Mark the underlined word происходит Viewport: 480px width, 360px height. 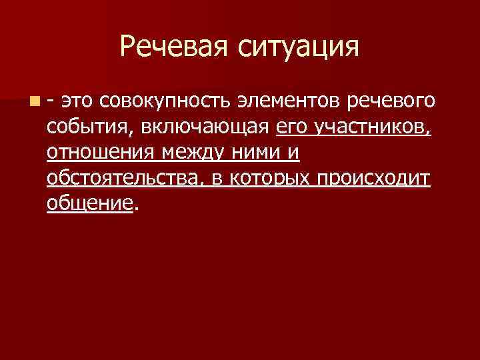(x=374, y=179)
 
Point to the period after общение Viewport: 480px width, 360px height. (x=136, y=209)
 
